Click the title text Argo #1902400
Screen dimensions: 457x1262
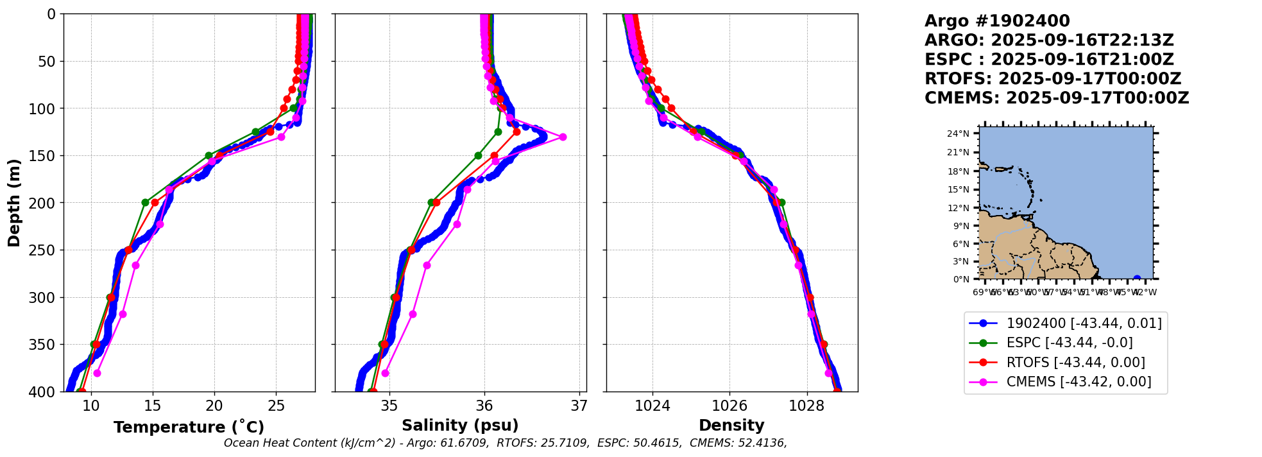997,21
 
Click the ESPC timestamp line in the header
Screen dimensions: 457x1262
1049,60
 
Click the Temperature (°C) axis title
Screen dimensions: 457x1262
189,427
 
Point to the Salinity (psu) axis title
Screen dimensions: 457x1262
460,426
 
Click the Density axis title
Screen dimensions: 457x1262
731,426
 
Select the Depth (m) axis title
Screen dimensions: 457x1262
14,203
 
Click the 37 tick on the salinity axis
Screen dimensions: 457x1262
579,406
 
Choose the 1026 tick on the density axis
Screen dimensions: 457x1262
729,406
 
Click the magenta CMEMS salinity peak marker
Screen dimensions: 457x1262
563,137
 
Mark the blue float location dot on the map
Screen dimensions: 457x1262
1137,279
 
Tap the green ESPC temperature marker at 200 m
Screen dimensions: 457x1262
145,202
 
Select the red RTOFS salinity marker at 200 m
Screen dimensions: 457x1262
436,202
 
